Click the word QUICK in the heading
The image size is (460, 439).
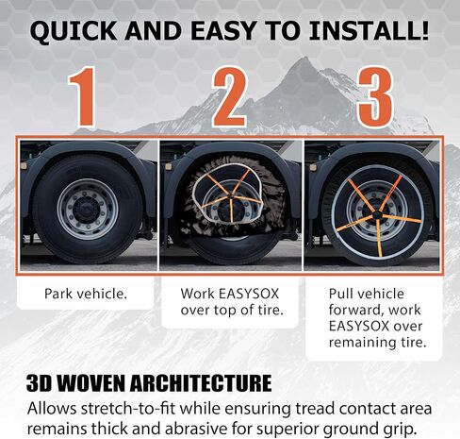pos(74,30)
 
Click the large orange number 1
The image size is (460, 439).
pos(83,97)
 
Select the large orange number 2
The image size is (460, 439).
pos(229,97)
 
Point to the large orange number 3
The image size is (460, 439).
pos(376,97)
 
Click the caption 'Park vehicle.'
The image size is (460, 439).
pos(86,294)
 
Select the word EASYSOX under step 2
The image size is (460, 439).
pos(249,294)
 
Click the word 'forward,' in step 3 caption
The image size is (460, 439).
pos(355,310)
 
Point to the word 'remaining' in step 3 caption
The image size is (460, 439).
pos(361,342)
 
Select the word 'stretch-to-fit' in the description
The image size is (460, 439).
pos(128,409)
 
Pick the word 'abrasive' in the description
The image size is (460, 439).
pos(196,429)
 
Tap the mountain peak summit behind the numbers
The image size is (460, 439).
pos(304,58)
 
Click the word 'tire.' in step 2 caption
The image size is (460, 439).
pos(271,310)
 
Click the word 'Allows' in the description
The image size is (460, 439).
pos(52,409)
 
